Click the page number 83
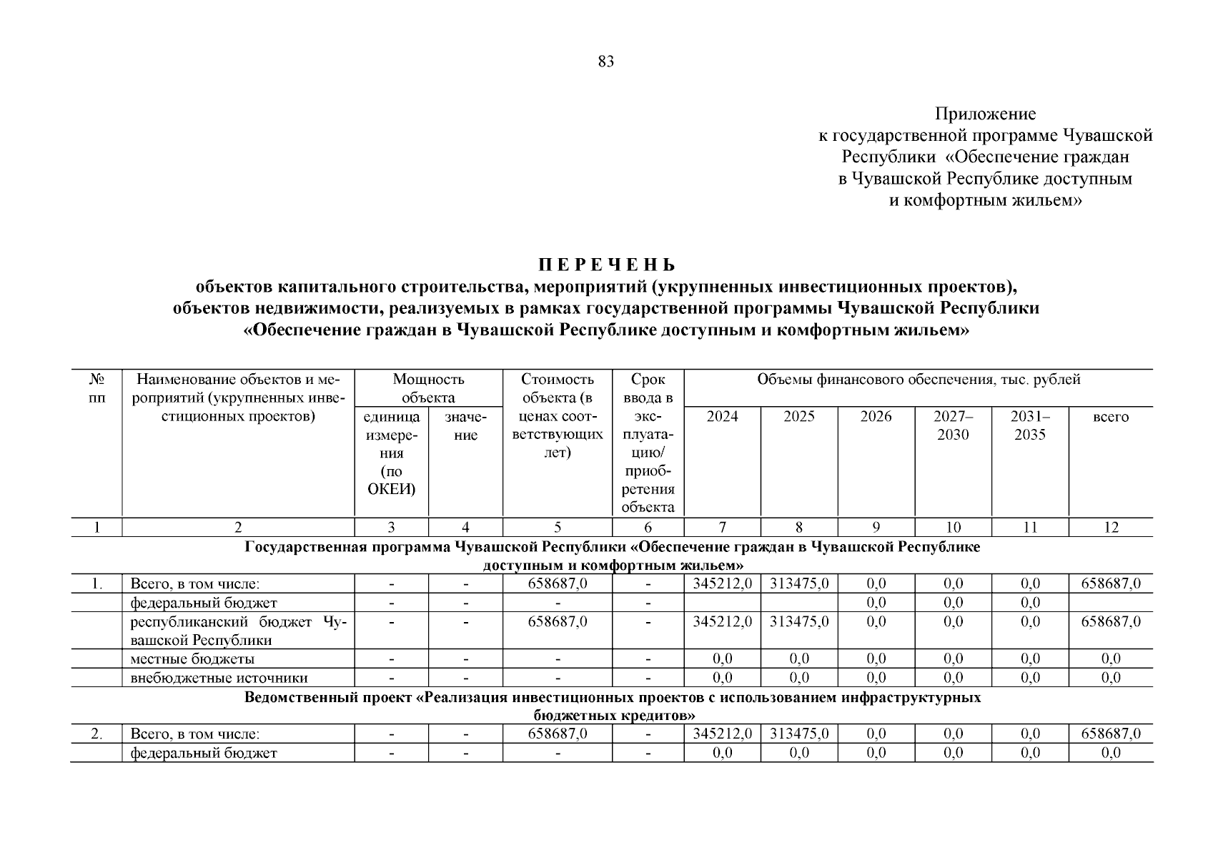(605, 61)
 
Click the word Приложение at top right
(985, 114)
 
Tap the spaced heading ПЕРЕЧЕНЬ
(606, 266)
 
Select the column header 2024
(722, 417)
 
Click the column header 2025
(798, 417)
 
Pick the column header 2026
(876, 417)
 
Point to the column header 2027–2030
(953, 425)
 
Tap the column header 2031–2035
(1029, 425)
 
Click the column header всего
(1111, 417)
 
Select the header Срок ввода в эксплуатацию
(648, 443)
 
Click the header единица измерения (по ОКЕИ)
(392, 453)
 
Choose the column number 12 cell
(1111, 528)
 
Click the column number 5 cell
(558, 528)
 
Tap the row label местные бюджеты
(192, 659)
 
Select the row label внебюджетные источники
(219, 677)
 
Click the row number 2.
(96, 734)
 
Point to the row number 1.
(96, 583)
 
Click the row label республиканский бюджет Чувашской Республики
(238, 630)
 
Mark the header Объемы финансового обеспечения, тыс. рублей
(919, 380)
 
